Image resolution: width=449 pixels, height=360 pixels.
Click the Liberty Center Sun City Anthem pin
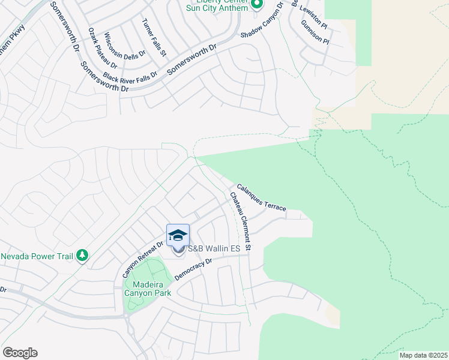257,5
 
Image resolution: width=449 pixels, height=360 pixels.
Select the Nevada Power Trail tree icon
82,256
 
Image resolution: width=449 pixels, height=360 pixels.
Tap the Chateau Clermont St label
240,221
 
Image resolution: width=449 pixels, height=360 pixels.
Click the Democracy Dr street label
193,269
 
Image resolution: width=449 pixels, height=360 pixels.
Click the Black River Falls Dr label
130,77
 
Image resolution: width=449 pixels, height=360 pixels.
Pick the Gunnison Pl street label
316,32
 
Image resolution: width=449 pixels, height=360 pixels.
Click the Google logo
20,353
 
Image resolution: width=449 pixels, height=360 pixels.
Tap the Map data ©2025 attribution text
423,355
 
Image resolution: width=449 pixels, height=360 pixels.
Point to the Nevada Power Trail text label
37,256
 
